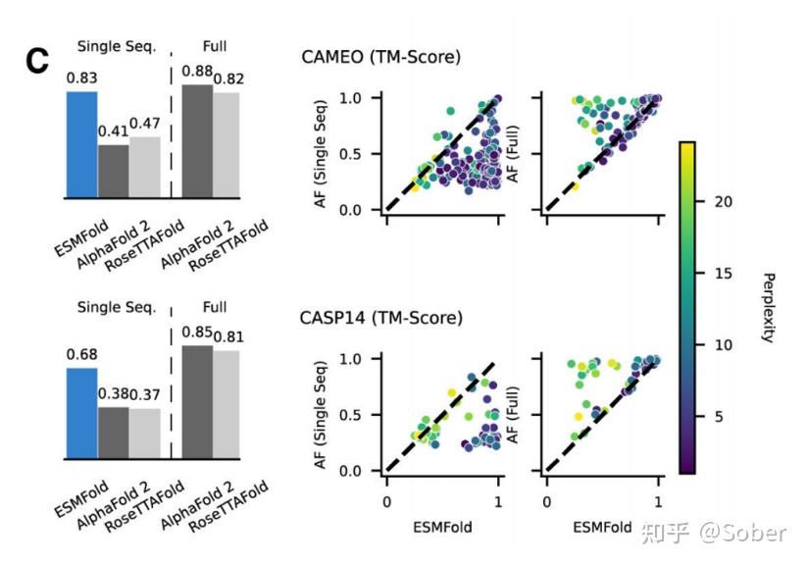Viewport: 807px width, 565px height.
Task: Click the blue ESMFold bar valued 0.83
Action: (81, 143)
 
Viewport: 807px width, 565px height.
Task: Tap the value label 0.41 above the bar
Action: (114, 129)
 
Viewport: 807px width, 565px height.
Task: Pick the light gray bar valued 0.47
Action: (143, 167)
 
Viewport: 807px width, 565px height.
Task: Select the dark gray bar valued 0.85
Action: (198, 402)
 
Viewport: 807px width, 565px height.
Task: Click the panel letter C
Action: (36, 62)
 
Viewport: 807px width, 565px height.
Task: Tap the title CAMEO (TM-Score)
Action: (380, 57)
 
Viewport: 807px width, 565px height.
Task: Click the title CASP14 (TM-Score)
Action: (381, 318)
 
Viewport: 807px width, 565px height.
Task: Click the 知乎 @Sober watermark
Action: (713, 533)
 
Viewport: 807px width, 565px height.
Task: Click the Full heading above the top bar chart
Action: (214, 45)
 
